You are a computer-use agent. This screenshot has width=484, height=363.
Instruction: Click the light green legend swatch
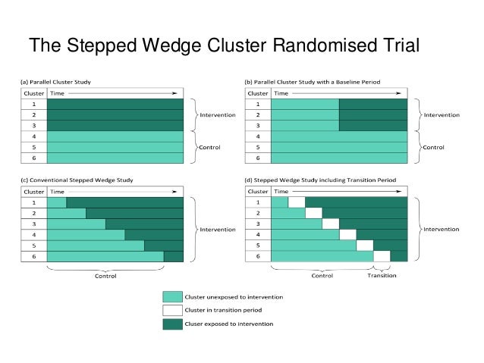172,296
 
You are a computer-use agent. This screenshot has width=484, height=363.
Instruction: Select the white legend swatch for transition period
172,310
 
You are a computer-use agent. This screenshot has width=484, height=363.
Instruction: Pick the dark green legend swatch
172,324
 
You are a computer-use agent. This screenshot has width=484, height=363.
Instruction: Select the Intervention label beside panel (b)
442,115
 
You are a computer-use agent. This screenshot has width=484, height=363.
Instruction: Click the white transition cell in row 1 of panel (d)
297,202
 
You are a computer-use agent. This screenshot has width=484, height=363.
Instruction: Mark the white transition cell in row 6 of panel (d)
382,256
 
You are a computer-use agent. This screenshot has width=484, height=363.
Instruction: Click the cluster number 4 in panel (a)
33,136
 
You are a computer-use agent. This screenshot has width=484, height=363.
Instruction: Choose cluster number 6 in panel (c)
33,257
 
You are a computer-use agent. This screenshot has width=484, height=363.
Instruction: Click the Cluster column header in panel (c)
33,192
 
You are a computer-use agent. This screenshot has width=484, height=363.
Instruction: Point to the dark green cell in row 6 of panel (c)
173,257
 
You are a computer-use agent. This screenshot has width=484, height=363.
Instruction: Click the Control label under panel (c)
105,276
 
